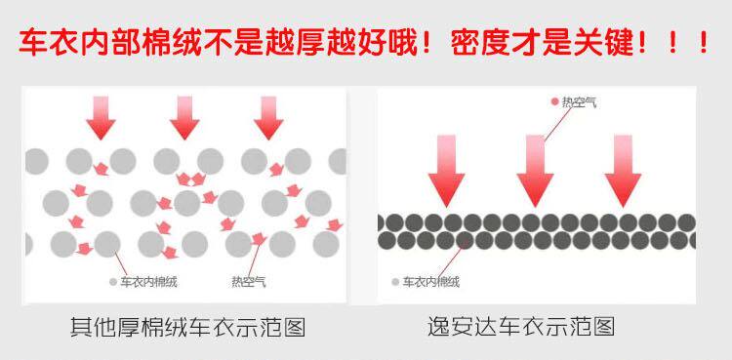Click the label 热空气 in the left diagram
[x=249, y=282]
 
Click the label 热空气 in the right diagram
[x=579, y=102]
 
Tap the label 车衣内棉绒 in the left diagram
[x=149, y=282]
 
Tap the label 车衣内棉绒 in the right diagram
[x=431, y=282]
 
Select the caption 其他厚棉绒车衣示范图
[x=188, y=327]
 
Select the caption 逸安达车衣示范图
[x=521, y=327]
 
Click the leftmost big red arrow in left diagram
[x=101, y=118]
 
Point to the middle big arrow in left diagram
[x=184, y=118]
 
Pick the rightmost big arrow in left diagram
[x=268, y=118]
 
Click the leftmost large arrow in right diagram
[x=446, y=171]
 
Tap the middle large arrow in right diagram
[x=535, y=171]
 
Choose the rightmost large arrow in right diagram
[x=623, y=171]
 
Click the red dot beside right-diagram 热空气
[x=554, y=101]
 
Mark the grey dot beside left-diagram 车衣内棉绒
[x=113, y=282]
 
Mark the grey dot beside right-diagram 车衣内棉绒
[x=395, y=282]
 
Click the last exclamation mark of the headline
[x=704, y=44]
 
